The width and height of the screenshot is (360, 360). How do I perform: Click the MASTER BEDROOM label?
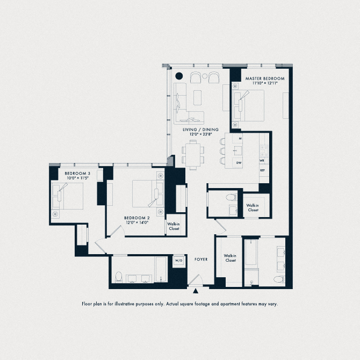265,78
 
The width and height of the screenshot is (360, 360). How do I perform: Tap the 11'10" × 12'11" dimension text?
265,83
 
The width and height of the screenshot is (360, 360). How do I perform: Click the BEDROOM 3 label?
77,173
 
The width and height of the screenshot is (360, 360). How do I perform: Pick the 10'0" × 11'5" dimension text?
77,178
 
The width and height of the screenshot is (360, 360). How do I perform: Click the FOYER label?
201,260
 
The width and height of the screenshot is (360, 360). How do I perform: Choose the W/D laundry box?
178,261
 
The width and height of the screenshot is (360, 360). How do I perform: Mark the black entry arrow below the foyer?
196,291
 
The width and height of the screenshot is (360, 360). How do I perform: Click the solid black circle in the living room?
179,76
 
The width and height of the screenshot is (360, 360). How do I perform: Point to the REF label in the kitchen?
262,170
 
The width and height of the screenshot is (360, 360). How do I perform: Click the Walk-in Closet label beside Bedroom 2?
173,226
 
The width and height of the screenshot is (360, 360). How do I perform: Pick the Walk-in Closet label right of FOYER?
231,258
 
